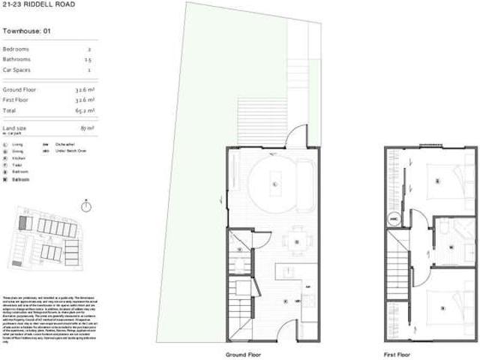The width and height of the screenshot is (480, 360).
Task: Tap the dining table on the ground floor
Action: pyautogui.click(x=297, y=241)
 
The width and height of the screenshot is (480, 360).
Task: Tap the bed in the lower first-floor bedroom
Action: pyautogui.click(x=441, y=306)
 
